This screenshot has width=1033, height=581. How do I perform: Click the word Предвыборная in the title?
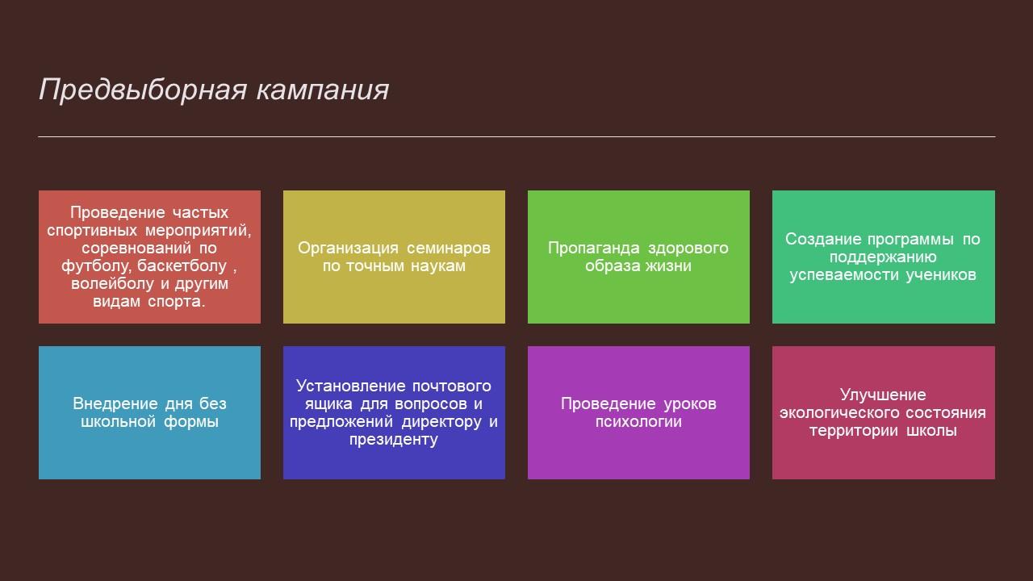click(143, 90)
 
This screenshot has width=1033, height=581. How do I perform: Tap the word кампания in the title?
click(323, 90)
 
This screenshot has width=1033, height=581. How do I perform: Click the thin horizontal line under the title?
click(516, 137)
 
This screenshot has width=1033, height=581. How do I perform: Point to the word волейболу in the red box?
click(112, 283)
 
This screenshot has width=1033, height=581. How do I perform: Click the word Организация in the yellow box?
click(348, 249)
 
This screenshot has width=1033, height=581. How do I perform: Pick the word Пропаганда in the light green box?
click(593, 249)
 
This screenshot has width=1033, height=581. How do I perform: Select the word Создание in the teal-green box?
click(823, 240)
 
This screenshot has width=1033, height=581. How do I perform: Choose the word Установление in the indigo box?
click(350, 386)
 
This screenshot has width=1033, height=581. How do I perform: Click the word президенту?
click(393, 440)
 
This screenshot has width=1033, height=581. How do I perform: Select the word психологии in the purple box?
click(638, 422)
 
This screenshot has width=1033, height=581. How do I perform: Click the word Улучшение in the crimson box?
click(883, 395)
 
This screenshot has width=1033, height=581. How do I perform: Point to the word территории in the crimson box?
click(852, 431)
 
